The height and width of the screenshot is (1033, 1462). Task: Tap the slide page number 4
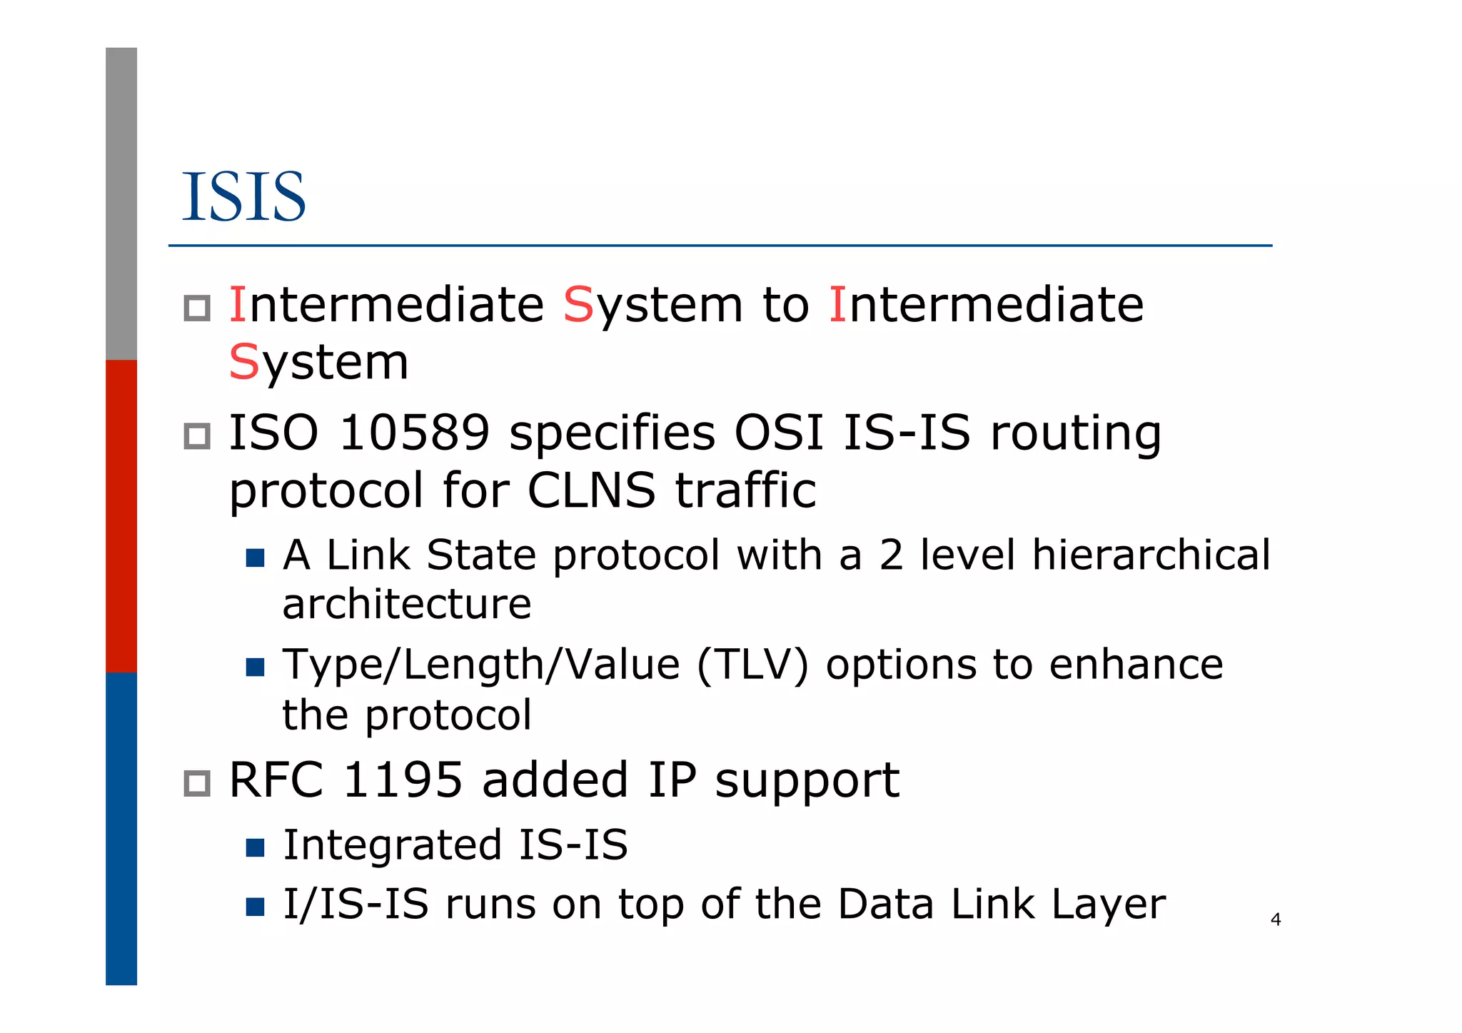coord(1276,919)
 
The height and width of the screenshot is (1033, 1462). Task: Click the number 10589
coord(414,433)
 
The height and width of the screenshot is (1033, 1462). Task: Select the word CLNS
coord(591,490)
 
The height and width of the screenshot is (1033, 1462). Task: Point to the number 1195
coord(403,780)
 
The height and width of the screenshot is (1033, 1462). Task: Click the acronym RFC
coord(276,780)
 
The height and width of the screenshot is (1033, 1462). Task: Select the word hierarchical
coord(1151,555)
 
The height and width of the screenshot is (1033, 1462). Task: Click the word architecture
coord(407,604)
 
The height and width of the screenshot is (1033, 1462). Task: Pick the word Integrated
coord(392,845)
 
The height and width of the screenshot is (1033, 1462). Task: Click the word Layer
coord(1108,904)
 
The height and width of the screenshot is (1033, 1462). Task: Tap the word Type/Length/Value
coord(481,665)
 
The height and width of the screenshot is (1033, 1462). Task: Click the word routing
coord(1075,434)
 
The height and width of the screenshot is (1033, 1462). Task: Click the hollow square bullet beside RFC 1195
coord(197,783)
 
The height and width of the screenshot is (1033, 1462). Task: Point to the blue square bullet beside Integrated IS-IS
coord(255,847)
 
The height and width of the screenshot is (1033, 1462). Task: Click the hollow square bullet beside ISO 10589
coord(197,436)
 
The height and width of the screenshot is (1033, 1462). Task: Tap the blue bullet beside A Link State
coord(255,558)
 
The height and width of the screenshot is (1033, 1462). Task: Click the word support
coord(807,781)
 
